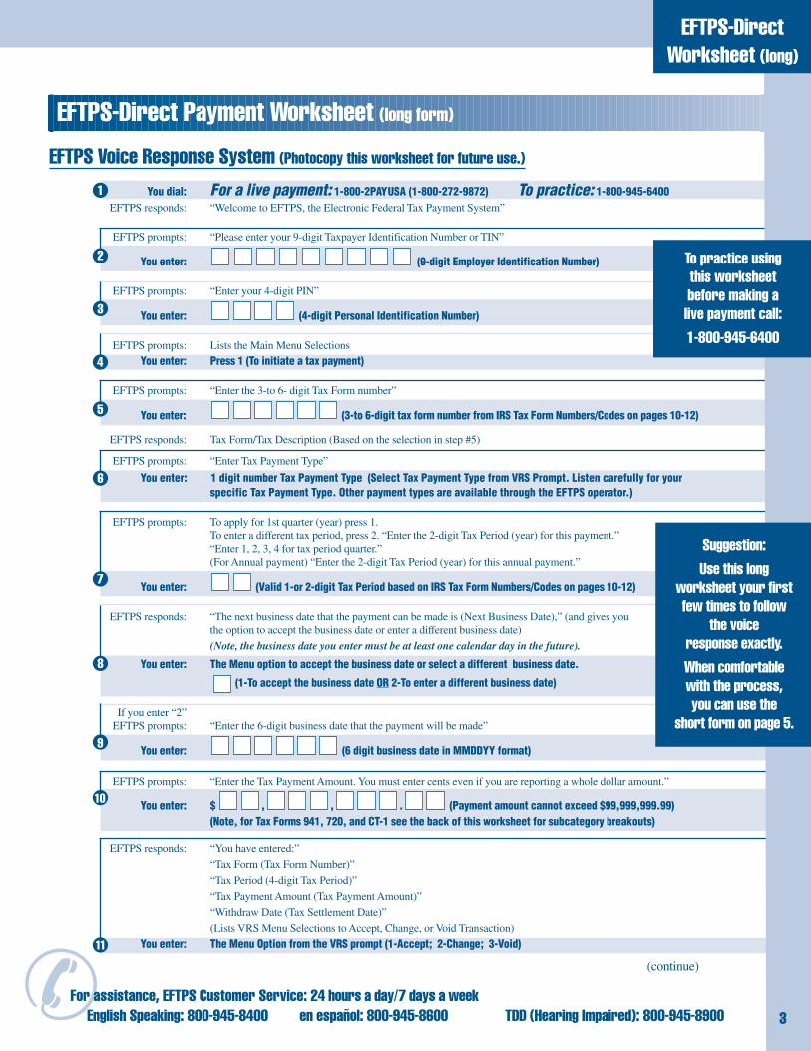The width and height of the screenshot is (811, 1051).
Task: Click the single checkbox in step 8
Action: [x=221, y=683]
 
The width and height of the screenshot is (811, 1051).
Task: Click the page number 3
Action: [x=783, y=1018]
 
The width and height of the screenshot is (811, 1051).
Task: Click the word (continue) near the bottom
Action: [x=672, y=966]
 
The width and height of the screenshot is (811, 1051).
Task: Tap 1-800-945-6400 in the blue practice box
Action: [x=734, y=337]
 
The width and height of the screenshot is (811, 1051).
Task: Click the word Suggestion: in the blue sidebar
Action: [x=733, y=545]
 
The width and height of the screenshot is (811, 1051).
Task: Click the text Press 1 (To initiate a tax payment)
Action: [x=287, y=360]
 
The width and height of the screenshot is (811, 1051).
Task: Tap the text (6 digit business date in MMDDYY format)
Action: [x=436, y=750]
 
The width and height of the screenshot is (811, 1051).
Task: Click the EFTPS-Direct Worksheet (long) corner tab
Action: [x=732, y=40]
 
